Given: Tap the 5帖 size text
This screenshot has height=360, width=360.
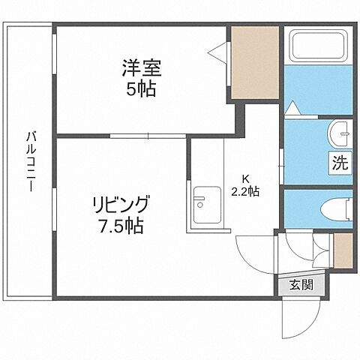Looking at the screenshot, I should [x=142, y=90].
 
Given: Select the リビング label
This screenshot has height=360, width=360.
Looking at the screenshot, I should [x=121, y=204].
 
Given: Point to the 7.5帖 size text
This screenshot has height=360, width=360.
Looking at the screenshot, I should [x=120, y=224].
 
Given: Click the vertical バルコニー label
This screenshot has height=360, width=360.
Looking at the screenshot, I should [x=31, y=162].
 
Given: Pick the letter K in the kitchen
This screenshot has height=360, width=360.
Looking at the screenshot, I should [x=244, y=178].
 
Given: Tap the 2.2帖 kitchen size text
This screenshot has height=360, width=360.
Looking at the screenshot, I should [x=244, y=191].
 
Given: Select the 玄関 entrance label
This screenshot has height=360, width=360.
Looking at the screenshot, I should [x=301, y=285].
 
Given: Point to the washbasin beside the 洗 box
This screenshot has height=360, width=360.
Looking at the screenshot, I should [x=341, y=133].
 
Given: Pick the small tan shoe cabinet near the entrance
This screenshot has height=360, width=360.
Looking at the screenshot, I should [x=343, y=250].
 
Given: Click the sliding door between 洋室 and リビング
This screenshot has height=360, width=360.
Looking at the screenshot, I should [x=147, y=136].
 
